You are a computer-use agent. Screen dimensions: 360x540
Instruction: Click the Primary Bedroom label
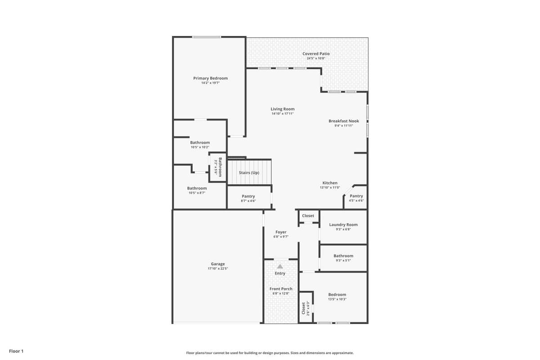(210, 78)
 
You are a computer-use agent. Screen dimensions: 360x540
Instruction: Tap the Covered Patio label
(316, 54)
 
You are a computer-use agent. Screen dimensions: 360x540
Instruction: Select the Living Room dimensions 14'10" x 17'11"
(282, 114)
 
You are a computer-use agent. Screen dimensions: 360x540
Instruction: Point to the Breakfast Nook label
(343, 121)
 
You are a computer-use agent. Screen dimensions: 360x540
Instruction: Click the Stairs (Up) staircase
(249, 172)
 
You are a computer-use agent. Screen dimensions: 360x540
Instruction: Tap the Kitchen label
(330, 183)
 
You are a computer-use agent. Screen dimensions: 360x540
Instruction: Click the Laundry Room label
(343, 225)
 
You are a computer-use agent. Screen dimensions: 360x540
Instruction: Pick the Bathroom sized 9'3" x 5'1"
(343, 256)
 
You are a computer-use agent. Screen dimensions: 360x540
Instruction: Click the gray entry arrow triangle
(280, 266)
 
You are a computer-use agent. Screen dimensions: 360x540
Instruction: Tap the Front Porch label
(281, 289)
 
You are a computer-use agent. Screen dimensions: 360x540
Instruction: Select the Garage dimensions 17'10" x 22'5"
(218, 269)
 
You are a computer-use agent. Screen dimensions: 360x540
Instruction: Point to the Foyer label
(281, 232)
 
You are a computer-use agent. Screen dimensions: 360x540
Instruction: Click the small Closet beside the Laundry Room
(308, 216)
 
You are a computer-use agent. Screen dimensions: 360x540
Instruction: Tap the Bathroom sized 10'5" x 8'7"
(197, 188)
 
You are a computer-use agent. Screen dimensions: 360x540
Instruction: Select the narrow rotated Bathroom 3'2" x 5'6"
(218, 167)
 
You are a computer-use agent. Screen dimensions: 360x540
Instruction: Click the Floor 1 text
(16, 351)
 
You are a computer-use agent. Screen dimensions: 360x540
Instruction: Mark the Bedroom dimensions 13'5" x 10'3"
(337, 299)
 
